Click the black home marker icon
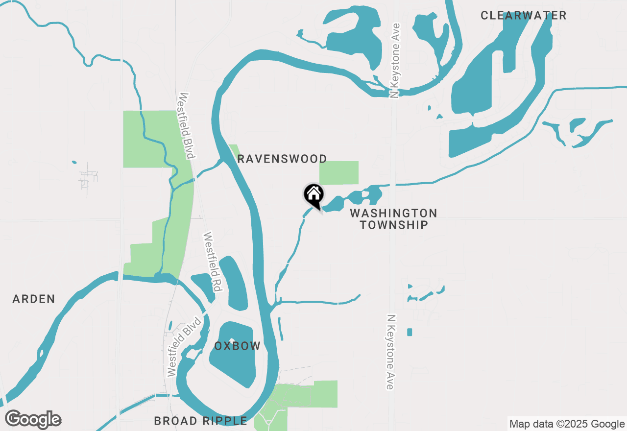pyautogui.click(x=313, y=194)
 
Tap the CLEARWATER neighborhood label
pyautogui.click(x=523, y=15)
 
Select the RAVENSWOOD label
pyautogui.click(x=282, y=159)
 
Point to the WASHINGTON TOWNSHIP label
pyautogui.click(x=394, y=219)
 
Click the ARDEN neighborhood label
pyautogui.click(x=34, y=299)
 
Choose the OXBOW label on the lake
pyautogui.click(x=238, y=346)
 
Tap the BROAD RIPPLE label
pyautogui.click(x=200, y=421)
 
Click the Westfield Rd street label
pyautogui.click(x=211, y=262)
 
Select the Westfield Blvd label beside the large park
pyautogui.click(x=187, y=125)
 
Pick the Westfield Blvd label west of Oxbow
pyautogui.click(x=184, y=347)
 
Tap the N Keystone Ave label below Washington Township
pyautogui.click(x=390, y=352)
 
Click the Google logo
pyautogui.click(x=33, y=419)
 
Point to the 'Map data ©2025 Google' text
pyautogui.click(x=567, y=424)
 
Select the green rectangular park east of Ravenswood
pyautogui.click(x=338, y=173)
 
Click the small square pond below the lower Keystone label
pyautogui.click(x=410, y=332)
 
